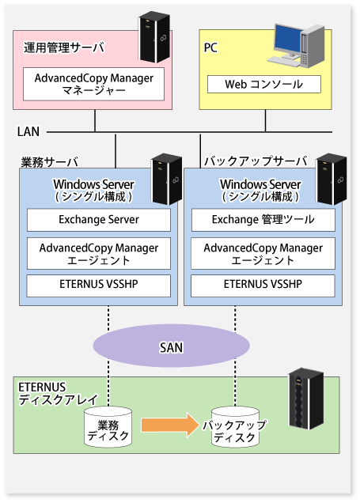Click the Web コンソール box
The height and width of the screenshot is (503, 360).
264,85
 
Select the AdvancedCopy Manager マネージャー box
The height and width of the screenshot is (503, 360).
93,84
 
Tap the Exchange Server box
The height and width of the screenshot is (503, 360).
99,220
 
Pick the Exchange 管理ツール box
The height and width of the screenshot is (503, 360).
263,220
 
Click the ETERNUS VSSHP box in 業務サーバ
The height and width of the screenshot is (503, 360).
98,286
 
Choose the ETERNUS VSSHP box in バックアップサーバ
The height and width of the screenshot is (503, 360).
263,286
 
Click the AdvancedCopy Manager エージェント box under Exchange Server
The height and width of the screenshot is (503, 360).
99,253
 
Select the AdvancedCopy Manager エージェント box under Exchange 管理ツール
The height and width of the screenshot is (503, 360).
263,253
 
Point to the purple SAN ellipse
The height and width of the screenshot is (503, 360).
172,346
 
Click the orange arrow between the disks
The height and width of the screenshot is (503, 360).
170,425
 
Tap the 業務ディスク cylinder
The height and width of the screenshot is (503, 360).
108,428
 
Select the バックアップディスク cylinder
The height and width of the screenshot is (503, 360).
235,428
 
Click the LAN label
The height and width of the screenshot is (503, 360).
28,131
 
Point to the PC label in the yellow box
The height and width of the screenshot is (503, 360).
210,47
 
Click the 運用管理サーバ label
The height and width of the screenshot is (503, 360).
64,47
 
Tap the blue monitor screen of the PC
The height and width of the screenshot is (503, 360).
287,39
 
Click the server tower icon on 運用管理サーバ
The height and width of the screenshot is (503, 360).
154,37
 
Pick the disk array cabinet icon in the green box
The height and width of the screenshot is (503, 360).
305,399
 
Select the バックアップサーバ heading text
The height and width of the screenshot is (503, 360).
256,161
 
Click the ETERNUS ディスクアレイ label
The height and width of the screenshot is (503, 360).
58,394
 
